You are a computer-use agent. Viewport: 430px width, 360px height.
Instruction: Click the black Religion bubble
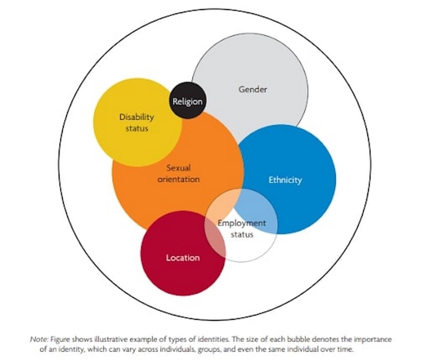[x=188, y=101]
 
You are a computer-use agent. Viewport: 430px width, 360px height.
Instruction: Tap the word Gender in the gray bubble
[x=253, y=89]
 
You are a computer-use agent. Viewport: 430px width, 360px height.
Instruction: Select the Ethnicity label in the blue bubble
[x=285, y=180]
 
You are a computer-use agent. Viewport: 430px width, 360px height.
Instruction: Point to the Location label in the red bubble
[x=183, y=258]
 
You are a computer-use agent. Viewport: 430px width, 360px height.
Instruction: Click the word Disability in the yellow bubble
[x=137, y=117]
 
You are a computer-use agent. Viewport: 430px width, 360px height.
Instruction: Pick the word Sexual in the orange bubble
[x=179, y=168]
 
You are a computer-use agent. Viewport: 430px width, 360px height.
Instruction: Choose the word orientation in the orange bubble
[x=179, y=179]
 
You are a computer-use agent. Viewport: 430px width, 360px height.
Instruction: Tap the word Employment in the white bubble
[x=241, y=223]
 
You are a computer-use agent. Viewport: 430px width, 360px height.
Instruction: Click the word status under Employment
[x=242, y=234]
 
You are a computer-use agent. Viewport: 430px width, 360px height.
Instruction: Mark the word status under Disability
[x=137, y=128]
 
